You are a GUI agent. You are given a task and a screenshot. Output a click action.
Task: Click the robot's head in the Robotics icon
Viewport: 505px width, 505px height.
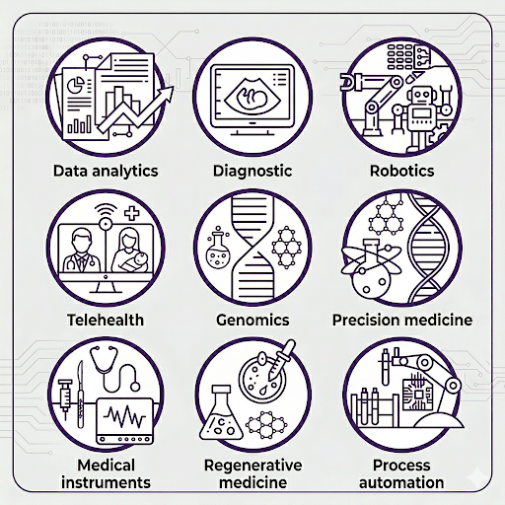pyautogui.click(x=421, y=96)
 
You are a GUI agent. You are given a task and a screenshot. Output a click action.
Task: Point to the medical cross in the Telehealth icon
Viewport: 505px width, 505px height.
pyautogui.click(x=132, y=213)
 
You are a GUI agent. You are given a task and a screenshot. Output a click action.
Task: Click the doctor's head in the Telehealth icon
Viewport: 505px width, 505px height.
pyautogui.click(x=80, y=241)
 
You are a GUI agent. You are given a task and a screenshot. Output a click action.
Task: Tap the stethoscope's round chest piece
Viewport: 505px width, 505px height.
pyautogui.click(x=135, y=386)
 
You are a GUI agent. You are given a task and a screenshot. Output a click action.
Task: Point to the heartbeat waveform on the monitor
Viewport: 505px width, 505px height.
pyautogui.click(x=124, y=417)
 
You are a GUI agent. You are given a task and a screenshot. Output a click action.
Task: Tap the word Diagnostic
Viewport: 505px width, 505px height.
pyautogui.click(x=252, y=171)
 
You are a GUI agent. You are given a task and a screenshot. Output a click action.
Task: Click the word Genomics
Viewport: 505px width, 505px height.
pyautogui.click(x=252, y=320)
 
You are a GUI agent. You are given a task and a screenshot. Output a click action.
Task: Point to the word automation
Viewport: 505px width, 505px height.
pyautogui.click(x=401, y=482)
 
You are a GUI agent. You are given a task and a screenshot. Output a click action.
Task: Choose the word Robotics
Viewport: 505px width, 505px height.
pyautogui.click(x=401, y=171)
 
